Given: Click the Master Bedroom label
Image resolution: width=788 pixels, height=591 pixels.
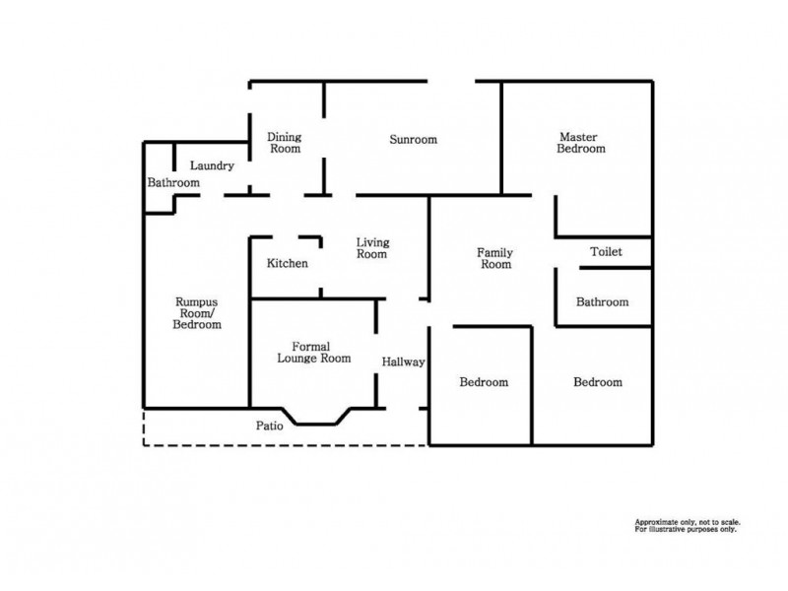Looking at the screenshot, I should [580, 143].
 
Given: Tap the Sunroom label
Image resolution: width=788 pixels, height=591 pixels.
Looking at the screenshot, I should [413, 140].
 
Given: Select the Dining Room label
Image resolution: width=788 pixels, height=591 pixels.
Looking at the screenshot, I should [285, 143].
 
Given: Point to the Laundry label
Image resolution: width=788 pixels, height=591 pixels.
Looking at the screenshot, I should [212, 166].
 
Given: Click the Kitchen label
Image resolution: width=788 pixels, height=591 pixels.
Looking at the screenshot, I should [288, 264].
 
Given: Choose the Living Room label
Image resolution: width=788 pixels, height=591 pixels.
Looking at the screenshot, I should [371, 248].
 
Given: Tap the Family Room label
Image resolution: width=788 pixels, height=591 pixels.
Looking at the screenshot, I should [494, 259].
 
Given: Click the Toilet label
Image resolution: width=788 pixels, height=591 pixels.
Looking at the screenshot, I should [606, 252].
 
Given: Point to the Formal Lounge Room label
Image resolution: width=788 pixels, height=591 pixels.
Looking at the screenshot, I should [314, 353].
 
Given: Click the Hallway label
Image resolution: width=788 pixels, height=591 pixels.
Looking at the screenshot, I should [403, 362].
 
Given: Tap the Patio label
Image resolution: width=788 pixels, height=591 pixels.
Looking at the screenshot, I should [270, 427].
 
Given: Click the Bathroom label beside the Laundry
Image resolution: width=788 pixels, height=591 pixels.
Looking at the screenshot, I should [173, 183].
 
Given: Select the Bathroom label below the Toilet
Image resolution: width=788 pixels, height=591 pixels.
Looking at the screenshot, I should [602, 302].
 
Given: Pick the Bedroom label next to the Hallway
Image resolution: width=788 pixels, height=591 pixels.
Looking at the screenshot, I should [484, 382].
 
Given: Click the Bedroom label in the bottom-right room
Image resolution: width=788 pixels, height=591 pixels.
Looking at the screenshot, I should [598, 382].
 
